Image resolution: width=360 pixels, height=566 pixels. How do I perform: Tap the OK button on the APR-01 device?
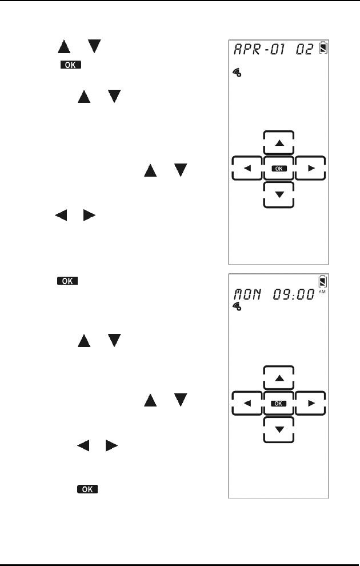pyautogui.click(x=279, y=169)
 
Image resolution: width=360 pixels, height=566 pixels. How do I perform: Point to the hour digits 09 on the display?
pyautogui.click(x=290, y=295)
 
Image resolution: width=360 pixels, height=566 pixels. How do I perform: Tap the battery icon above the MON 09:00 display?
pyautogui.click(x=324, y=281)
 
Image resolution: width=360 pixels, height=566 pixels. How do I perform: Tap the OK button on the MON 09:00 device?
pyautogui.click(x=279, y=404)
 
